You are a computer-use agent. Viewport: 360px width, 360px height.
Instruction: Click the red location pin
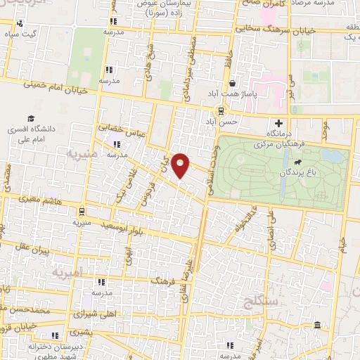pos(181,165)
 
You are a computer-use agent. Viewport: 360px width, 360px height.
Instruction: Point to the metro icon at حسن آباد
pos(222,110)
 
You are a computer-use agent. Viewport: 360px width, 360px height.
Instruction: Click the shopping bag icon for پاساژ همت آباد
pos(232,83)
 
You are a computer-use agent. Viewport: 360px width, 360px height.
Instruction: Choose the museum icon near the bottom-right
pos(317,326)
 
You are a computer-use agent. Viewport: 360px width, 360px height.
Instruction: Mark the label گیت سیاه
pos(21,34)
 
